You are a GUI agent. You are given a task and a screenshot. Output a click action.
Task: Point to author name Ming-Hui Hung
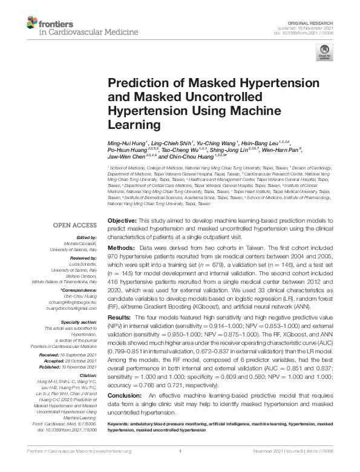point(125,143)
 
